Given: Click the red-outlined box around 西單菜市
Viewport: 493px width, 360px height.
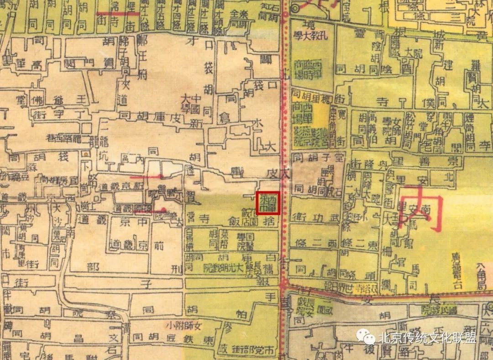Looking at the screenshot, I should tap(268, 202).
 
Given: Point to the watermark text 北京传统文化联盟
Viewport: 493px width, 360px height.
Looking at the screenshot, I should tap(427, 339).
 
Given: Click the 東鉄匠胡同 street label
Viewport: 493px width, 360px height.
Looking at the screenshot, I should tap(173, 339).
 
